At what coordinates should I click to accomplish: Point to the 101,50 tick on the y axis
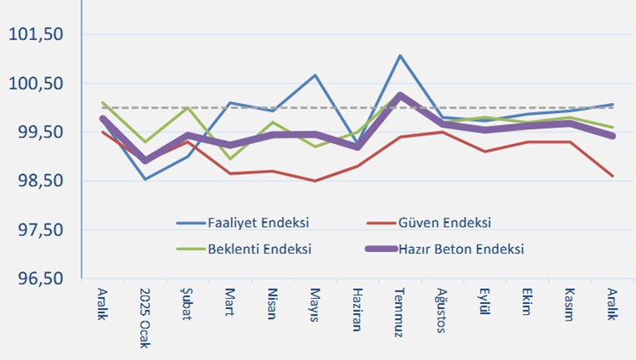[x=36, y=34]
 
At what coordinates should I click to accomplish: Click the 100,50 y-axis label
[x=36, y=83]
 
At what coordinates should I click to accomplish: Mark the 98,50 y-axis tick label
[x=36, y=181]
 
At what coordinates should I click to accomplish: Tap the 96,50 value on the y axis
[x=36, y=279]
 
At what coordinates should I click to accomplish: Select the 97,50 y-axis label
[x=36, y=229]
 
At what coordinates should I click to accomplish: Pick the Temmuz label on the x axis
[x=400, y=310]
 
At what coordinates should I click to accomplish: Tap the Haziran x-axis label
[x=358, y=309]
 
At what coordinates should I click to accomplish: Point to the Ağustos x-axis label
[x=443, y=310]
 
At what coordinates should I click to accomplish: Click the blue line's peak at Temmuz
[x=400, y=56]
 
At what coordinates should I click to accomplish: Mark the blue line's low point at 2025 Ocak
[x=146, y=179]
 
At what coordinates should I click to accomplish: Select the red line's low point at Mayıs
[x=315, y=181]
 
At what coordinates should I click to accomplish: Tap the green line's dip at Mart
[x=230, y=159]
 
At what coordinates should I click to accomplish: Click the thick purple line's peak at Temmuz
[x=400, y=95]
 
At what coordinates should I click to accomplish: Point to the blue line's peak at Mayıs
[x=315, y=75]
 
